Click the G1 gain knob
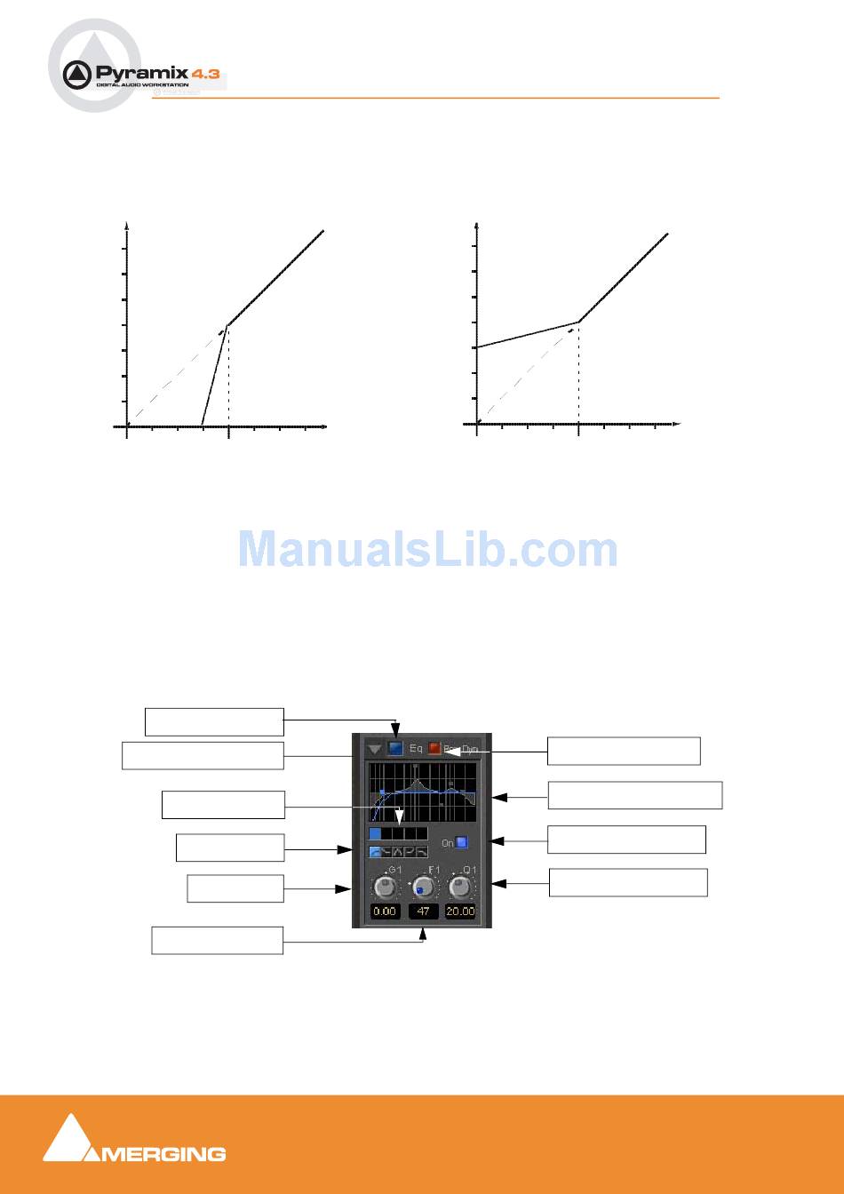[385, 887]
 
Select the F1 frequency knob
[423, 887]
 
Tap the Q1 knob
[460, 887]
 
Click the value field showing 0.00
[385, 911]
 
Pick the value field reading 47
[423, 911]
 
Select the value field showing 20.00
[460, 911]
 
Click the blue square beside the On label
[462, 842]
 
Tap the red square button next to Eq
[434, 749]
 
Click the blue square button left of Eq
[395, 749]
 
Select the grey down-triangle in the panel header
[375, 750]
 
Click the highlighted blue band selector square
[375, 833]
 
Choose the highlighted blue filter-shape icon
[375, 852]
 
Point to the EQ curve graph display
[422, 791]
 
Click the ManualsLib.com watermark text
[427, 550]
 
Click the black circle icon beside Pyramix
[78, 75]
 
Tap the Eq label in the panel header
[416, 749]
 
